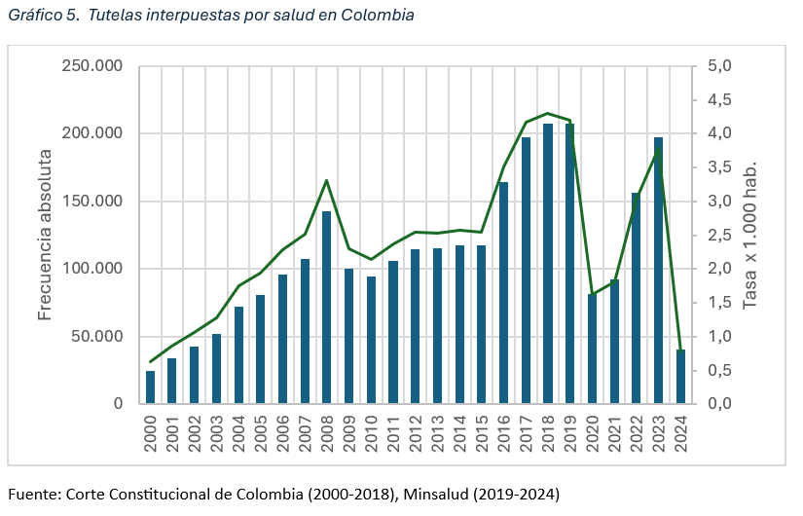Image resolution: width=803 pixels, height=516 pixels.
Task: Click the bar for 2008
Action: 327,307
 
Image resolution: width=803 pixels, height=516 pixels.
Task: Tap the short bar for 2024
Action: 680,376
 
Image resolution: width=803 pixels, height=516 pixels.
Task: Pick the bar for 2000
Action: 151,387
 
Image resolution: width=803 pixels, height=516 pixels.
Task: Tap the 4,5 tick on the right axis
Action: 719,100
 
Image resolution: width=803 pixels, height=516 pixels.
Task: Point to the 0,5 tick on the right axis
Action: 719,370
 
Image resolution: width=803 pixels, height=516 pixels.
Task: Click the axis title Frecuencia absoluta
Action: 45,236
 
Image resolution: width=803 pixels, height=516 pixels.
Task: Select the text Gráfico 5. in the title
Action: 40,16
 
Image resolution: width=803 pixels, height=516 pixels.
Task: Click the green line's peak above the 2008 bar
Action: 326,180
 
